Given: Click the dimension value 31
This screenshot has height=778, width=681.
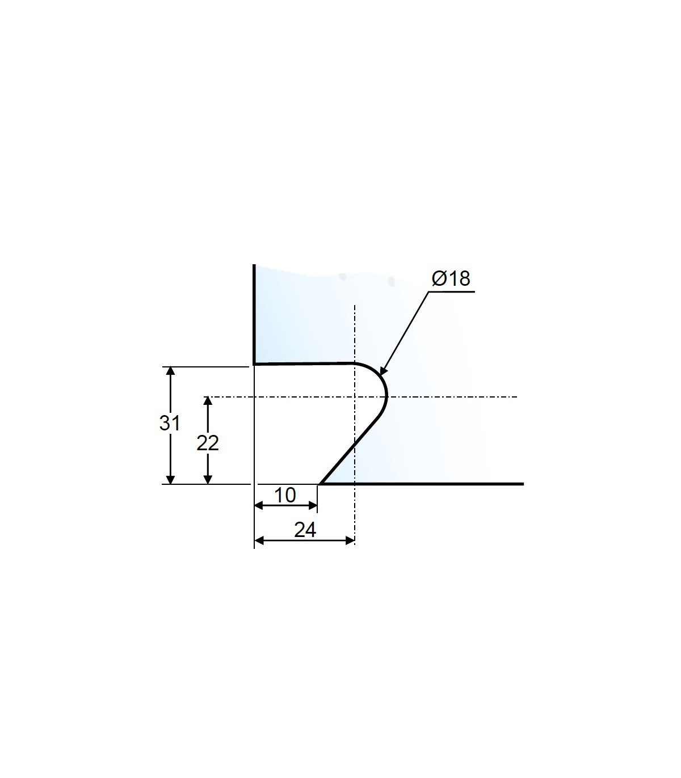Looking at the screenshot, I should [x=169, y=423].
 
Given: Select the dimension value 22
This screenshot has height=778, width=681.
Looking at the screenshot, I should [x=208, y=443].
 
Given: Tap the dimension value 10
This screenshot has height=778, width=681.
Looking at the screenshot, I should [x=285, y=496].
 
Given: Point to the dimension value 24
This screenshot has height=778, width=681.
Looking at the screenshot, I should [x=305, y=530].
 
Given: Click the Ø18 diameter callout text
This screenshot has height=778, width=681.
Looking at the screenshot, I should [x=451, y=278].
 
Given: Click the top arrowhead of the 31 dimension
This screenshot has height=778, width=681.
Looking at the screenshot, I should [x=169, y=371].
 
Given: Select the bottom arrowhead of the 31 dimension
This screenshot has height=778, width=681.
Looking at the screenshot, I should [x=169, y=480].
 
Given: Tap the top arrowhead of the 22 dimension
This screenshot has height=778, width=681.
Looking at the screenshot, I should [x=208, y=401].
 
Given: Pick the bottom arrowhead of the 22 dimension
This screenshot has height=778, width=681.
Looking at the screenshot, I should [x=208, y=480].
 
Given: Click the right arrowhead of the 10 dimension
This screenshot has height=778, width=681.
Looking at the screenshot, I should [x=313, y=506].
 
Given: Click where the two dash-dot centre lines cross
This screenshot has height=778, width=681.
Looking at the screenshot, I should [x=354, y=396].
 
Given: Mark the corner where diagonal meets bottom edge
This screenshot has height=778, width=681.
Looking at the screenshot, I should [x=320, y=484].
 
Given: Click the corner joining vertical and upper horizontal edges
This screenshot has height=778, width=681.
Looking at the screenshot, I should [x=254, y=363].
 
